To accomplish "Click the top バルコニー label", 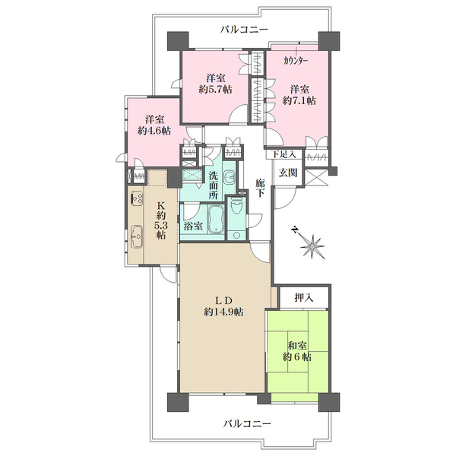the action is pyautogui.click(x=244, y=30).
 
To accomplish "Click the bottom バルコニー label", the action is pyautogui.click(x=247, y=423).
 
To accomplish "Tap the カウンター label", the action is pyautogui.click(x=296, y=61).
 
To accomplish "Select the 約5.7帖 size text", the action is pyautogui.click(x=216, y=89).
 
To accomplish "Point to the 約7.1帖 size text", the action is pyautogui.click(x=299, y=100).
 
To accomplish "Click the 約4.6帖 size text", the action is pyautogui.click(x=154, y=131).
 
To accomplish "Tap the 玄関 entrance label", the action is pyautogui.click(x=288, y=173).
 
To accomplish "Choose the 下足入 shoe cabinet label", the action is pyautogui.click(x=283, y=154).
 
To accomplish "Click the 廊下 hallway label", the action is pyautogui.click(x=260, y=188).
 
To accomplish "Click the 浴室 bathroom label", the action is pyautogui.click(x=193, y=226).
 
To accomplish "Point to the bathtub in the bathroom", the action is pyautogui.click(x=216, y=220).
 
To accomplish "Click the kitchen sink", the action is pyautogui.click(x=137, y=236).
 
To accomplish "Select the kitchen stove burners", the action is pyautogui.click(x=137, y=198).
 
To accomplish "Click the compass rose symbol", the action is pyautogui.click(x=311, y=244).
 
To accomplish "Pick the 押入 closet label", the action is pyautogui.click(x=303, y=297).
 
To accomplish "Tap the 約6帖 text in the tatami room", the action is pyautogui.click(x=297, y=356).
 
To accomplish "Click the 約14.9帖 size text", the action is pyautogui.click(x=223, y=312).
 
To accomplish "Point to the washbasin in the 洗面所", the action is pyautogui.click(x=230, y=176).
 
